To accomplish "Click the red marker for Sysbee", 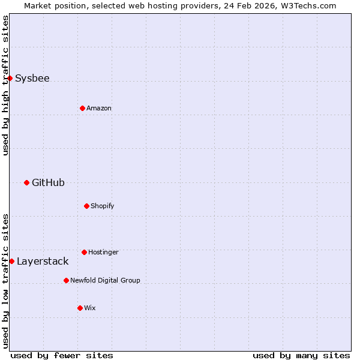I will click(10, 78).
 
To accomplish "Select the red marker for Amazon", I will click(82, 108).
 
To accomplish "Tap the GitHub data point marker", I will click(26, 182).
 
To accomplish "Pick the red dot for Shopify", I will click(86, 206).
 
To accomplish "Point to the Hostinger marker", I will click(84, 252).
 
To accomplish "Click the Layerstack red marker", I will click(11, 261).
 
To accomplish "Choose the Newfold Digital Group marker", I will click(66, 280).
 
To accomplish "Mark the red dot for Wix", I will click(80, 308).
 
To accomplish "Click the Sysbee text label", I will click(32, 78).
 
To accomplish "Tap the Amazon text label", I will click(99, 108).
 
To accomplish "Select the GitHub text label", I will click(48, 182).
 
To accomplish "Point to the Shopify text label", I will click(103, 206).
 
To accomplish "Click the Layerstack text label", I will click(43, 261).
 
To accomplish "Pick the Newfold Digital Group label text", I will click(105, 280).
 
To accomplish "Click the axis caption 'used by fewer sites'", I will click(62, 355).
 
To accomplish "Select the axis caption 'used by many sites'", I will click(301, 355).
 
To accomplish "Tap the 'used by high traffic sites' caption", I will click(5, 85).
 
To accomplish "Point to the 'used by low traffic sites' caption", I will click(5, 281).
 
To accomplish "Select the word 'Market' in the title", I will click(38, 5).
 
